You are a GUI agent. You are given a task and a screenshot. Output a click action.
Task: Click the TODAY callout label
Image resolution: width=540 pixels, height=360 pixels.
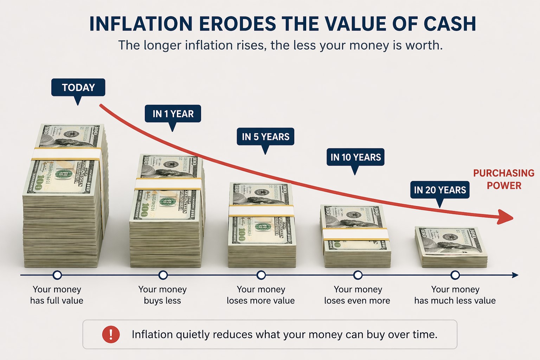pyautogui.click(x=78, y=87)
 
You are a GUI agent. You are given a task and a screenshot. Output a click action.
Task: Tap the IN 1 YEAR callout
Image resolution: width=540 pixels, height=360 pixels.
pyautogui.click(x=173, y=114)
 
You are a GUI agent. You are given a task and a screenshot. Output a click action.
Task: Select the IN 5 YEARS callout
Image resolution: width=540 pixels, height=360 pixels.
pyautogui.click(x=265, y=136)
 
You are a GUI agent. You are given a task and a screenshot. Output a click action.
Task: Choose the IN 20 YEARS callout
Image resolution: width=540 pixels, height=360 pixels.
pyautogui.click(x=440, y=190)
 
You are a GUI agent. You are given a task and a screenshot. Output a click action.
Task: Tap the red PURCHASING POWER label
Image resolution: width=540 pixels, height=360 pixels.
pyautogui.click(x=503, y=179)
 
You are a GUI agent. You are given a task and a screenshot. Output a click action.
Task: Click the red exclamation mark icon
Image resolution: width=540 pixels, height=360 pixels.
pyautogui.click(x=111, y=334)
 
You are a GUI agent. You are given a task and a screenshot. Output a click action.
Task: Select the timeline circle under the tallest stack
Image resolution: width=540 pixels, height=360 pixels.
pyautogui.click(x=57, y=275)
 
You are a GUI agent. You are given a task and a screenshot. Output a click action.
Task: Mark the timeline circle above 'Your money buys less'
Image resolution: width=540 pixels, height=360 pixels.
pyautogui.click(x=163, y=275)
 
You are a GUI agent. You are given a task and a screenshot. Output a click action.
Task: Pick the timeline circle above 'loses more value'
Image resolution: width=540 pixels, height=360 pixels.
pyautogui.click(x=261, y=275)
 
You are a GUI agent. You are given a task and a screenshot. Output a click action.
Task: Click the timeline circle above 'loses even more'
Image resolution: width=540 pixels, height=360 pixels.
pyautogui.click(x=358, y=275)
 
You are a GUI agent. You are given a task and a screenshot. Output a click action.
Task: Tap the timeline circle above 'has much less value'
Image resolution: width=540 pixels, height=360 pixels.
pyautogui.click(x=455, y=275)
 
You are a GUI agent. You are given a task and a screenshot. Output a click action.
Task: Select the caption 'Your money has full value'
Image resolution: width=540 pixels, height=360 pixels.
pyautogui.click(x=57, y=295)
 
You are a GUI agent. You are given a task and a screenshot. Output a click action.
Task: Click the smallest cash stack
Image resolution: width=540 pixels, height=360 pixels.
pyautogui.click(x=451, y=247)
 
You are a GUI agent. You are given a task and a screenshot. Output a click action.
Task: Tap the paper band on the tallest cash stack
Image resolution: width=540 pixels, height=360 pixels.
pyautogui.click(x=67, y=154)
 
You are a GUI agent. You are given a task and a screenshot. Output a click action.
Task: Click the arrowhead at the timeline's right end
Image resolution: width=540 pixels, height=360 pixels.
pyautogui.click(x=515, y=275)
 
